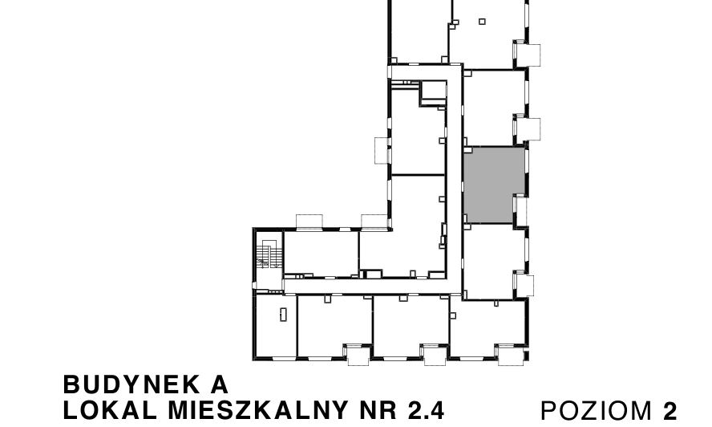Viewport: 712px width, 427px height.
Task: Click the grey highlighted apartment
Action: point(494,185)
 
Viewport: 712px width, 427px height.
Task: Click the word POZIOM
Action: point(598,411)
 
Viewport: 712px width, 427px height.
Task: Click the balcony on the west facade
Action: point(381,150)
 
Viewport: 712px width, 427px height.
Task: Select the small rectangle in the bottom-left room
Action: point(282,314)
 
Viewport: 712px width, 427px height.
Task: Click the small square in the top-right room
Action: point(482,21)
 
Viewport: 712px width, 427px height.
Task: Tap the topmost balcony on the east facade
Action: point(528,54)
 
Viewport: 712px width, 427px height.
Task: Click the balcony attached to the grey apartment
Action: point(521,210)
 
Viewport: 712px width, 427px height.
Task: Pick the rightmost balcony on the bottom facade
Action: point(508,355)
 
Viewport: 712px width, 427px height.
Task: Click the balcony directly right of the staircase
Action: point(309,222)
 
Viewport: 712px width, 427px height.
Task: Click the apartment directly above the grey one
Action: point(494,108)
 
